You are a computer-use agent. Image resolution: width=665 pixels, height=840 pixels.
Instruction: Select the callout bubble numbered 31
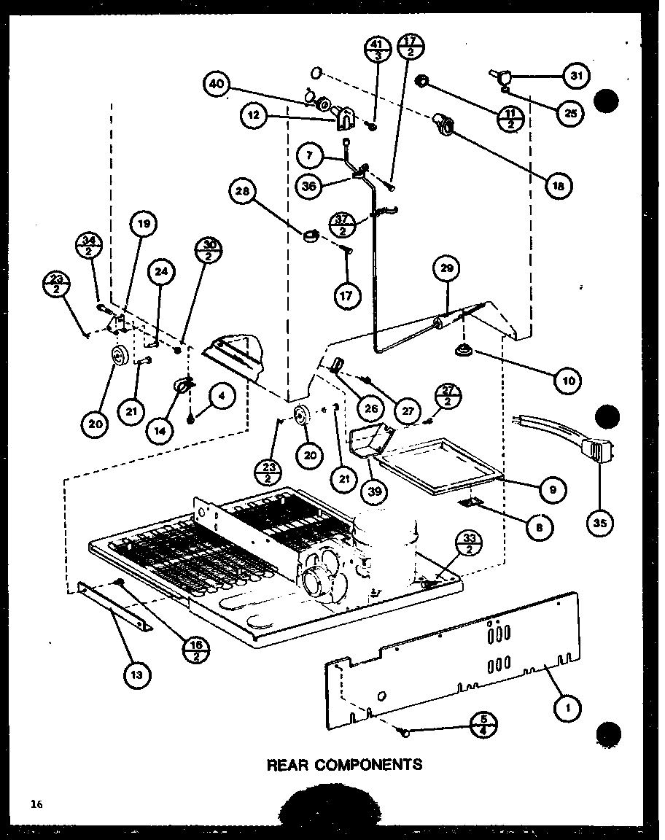(x=577, y=75)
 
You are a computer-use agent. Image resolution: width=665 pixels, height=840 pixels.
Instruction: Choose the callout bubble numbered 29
(x=446, y=268)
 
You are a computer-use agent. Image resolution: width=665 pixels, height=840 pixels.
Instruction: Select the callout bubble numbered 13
(x=138, y=674)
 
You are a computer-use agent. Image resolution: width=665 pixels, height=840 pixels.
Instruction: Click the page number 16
(x=36, y=804)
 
